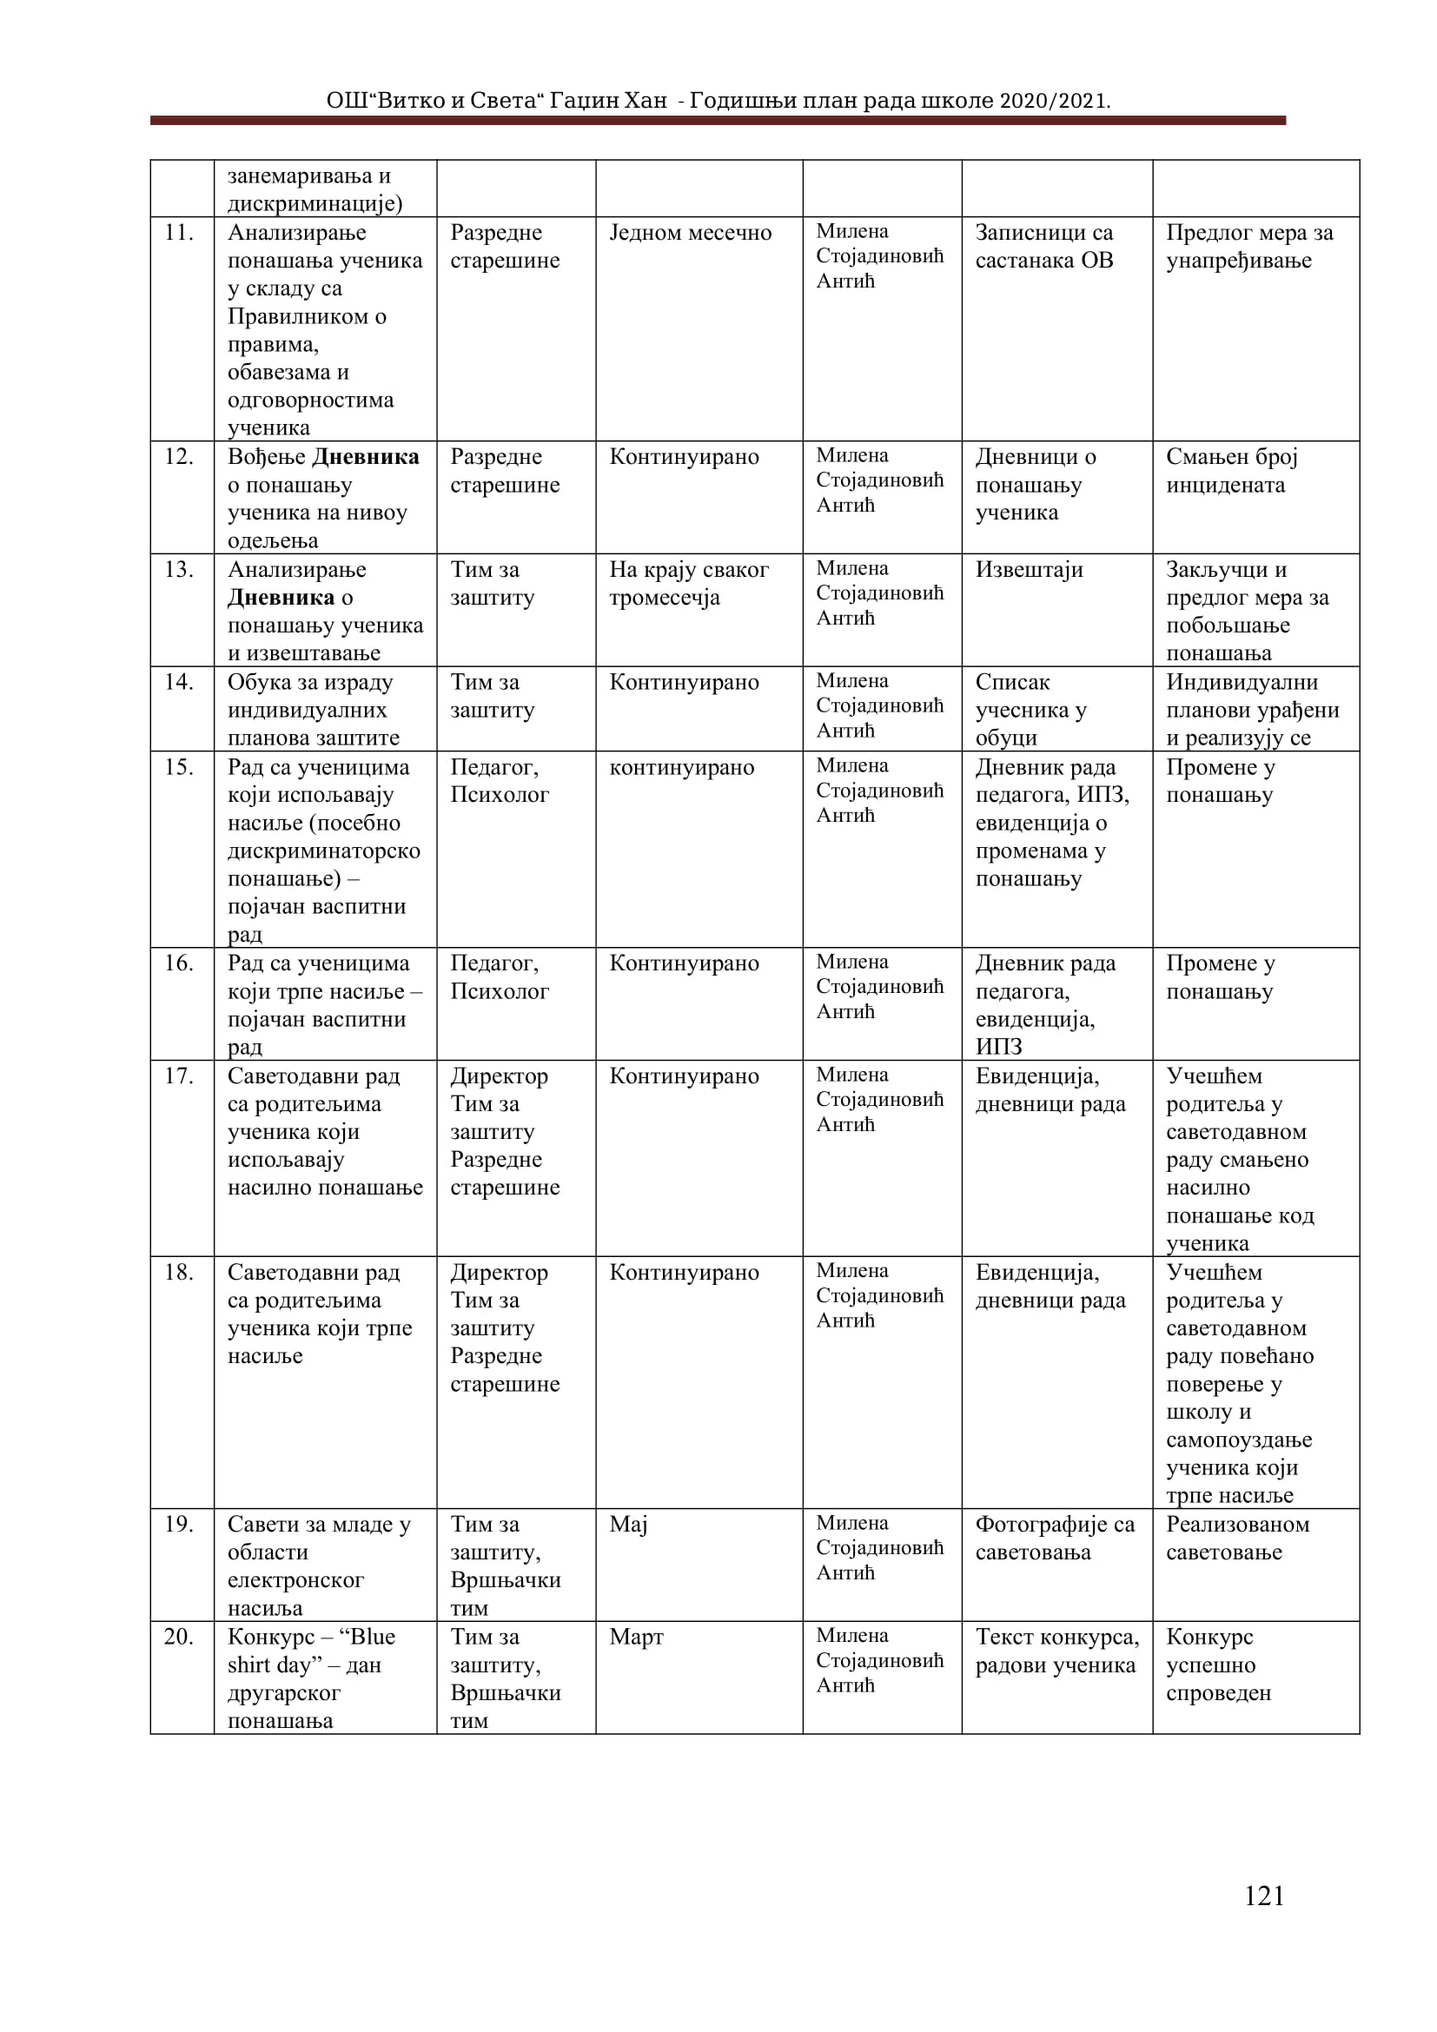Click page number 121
pyautogui.click(x=1263, y=1920)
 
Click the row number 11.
pyautogui.click(x=179, y=233)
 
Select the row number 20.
pyautogui.click(x=179, y=1637)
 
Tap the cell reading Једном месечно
pyautogui.click(x=690, y=233)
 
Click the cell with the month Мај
pyautogui.click(x=628, y=1524)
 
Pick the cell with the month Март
pyautogui.click(x=636, y=1637)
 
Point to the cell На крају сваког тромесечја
pyautogui.click(x=688, y=583)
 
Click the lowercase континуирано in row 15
pyautogui.click(x=681, y=767)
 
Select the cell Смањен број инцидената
pyautogui.click(x=1231, y=471)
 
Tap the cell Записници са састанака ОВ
pyautogui.click(x=1044, y=246)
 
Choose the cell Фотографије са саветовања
pyautogui.click(x=1055, y=1539)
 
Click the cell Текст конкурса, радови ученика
pyautogui.click(x=1056, y=1651)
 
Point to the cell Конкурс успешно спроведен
pyautogui.click(x=1218, y=1665)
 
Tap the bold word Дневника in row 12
pyautogui.click(x=367, y=457)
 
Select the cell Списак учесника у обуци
pyautogui.click(x=1031, y=710)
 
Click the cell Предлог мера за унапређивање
pyautogui.click(x=1248, y=246)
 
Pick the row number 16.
pyautogui.click(x=179, y=963)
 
